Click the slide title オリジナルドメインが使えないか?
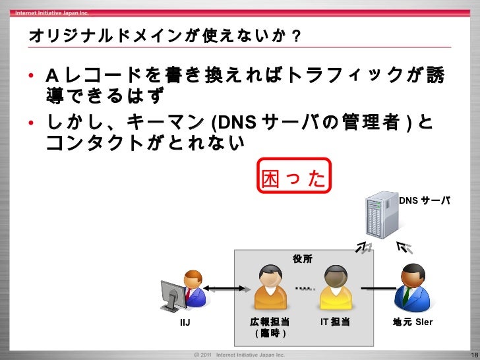click(x=165, y=34)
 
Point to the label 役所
click(x=303, y=260)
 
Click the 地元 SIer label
click(x=413, y=322)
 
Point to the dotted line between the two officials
click(x=304, y=287)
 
